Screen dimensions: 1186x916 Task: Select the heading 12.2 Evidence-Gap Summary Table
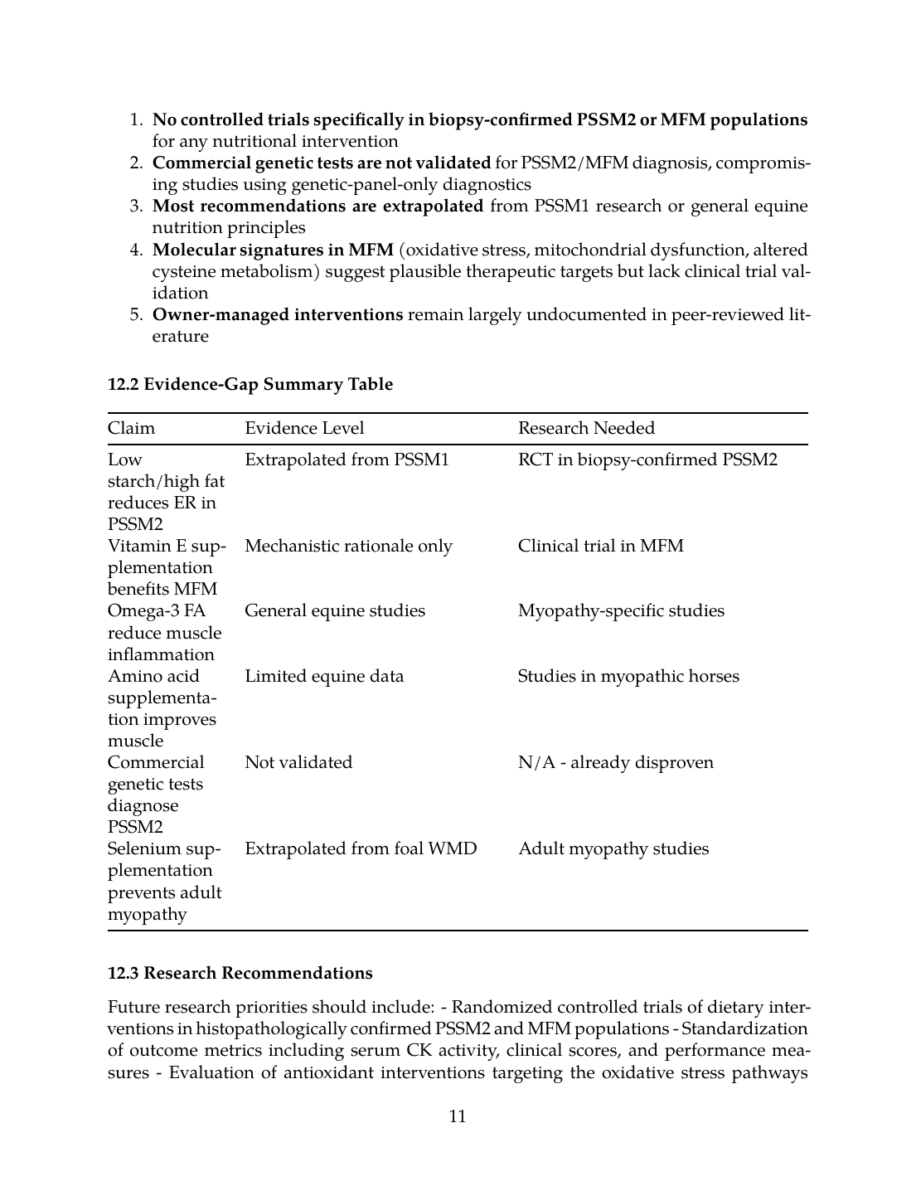point(250,384)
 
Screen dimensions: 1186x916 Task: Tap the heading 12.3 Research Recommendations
point(240,973)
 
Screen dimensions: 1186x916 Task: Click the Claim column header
point(131,428)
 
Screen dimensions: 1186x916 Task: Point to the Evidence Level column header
point(304,428)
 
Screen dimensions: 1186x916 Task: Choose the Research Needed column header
point(586,428)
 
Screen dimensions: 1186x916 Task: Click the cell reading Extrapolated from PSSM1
point(347,459)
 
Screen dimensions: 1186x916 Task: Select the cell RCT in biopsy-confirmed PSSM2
point(647,459)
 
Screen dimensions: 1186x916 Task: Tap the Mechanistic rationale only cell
point(348,546)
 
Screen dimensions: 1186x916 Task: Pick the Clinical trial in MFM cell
point(601,546)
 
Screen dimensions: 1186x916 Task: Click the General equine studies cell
point(335,610)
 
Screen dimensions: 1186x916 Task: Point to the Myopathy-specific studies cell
point(621,610)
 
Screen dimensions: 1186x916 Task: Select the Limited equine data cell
point(324,676)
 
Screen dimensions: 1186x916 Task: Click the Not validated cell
point(298,762)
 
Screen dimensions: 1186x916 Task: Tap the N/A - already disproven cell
point(615,762)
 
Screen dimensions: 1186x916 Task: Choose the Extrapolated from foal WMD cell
point(361,848)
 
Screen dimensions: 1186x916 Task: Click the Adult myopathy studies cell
point(613,848)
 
